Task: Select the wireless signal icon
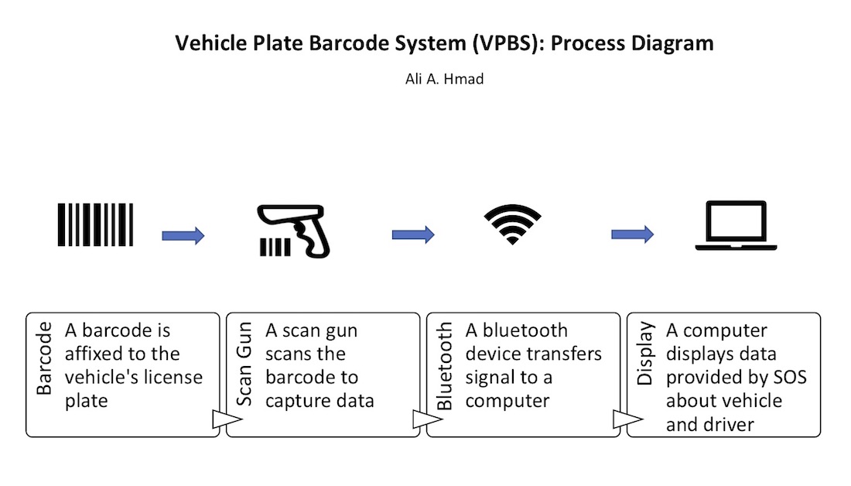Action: tap(512, 225)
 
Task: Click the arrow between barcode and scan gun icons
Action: tap(183, 235)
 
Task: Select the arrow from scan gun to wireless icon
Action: tap(413, 234)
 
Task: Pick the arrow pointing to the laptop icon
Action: tap(632, 234)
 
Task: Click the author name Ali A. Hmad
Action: tap(444, 79)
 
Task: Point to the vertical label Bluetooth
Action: tap(445, 367)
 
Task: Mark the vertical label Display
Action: tap(645, 354)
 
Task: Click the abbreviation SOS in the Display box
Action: tap(788, 377)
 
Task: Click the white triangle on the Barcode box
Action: tap(222, 420)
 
